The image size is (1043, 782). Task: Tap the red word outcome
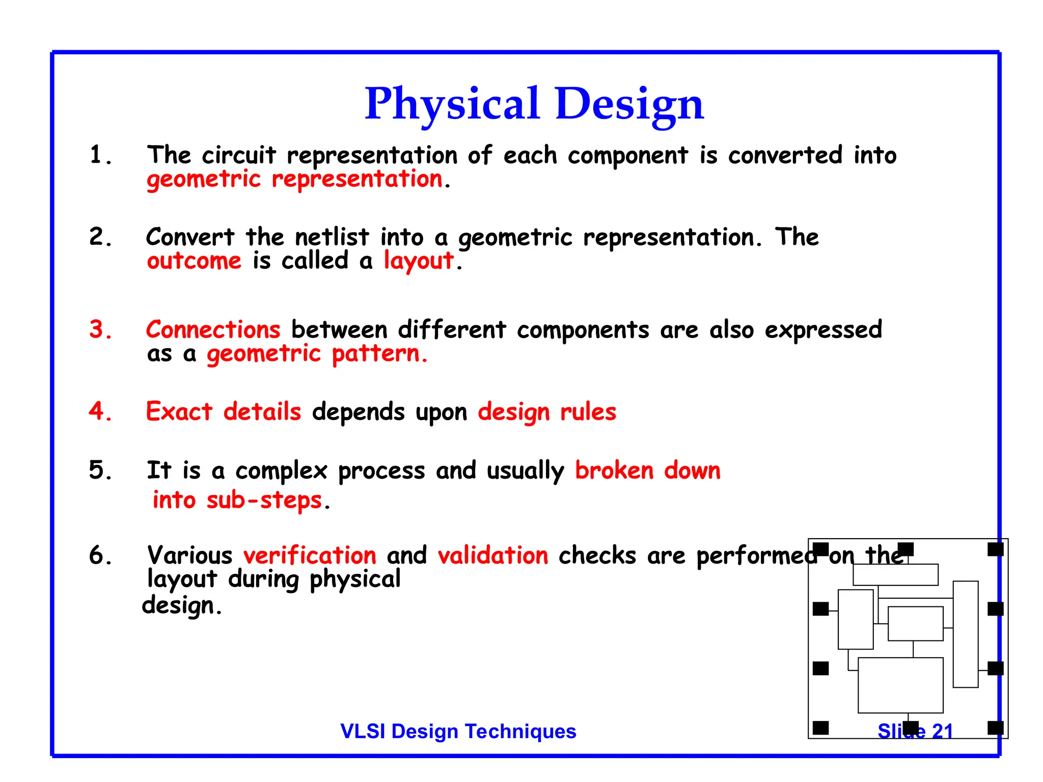pos(194,261)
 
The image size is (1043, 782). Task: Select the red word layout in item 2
pos(418,261)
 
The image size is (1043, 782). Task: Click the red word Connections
pos(213,330)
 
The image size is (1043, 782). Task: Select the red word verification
pos(310,555)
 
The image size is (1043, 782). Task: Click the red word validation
pos(492,555)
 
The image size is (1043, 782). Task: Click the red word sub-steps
pos(264,500)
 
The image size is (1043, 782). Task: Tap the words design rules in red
pos(547,411)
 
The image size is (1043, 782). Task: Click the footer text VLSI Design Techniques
pos(458,731)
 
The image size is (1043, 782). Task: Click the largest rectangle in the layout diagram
pos(900,685)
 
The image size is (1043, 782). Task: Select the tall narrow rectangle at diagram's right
pos(966,634)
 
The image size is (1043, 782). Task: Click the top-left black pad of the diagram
pos(820,549)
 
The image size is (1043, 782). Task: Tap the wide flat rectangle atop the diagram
pos(895,575)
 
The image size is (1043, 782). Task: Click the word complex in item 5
pos(281,471)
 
